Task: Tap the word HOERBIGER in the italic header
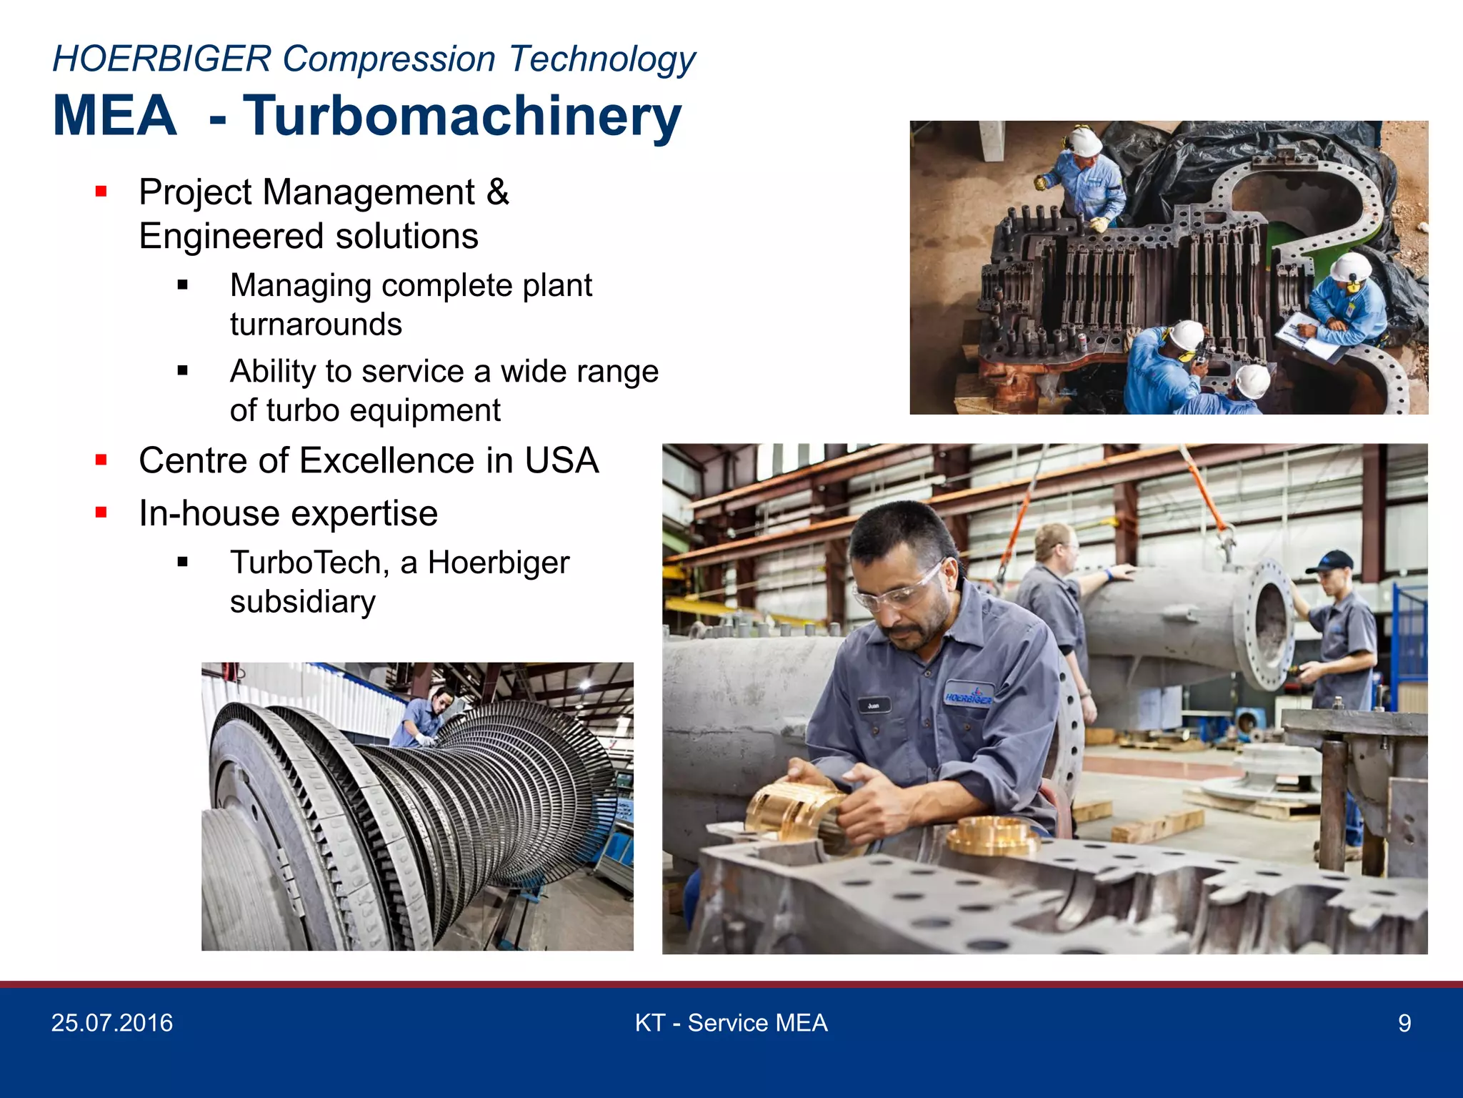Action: tap(162, 59)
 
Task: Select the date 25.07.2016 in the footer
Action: tap(112, 1023)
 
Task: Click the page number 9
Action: tap(1404, 1024)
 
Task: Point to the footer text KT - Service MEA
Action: tap(731, 1023)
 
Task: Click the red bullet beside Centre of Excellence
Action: tap(101, 460)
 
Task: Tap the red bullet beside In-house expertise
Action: tap(101, 513)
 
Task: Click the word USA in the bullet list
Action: tap(561, 460)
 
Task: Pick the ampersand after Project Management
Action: tap(498, 192)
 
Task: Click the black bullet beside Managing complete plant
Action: tap(183, 285)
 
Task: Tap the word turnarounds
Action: tap(316, 325)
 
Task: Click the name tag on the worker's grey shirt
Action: tap(874, 706)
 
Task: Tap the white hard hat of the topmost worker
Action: tap(1084, 140)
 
